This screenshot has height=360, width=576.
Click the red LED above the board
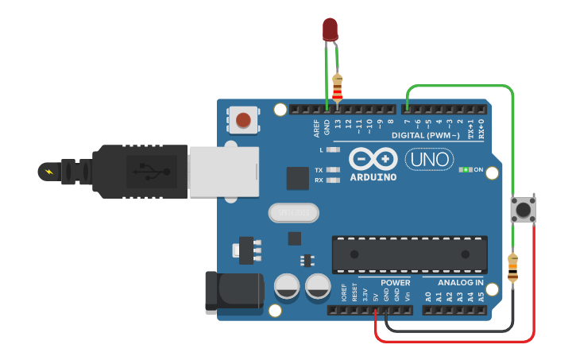point(330,30)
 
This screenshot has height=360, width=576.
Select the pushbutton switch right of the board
point(522,210)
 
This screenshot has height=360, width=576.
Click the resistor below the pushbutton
point(512,267)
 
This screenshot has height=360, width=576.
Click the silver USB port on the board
point(223,171)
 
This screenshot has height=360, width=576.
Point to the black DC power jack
point(234,292)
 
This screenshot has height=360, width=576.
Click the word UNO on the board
point(429,160)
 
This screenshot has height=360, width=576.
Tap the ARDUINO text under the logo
point(373,176)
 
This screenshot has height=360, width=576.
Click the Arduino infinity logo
point(373,159)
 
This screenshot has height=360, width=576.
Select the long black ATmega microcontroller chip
point(409,254)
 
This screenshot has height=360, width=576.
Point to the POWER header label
point(395,283)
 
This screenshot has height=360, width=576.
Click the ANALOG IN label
point(460,283)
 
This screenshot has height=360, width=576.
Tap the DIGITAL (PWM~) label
point(425,135)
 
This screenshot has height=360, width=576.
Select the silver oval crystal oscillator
point(293,213)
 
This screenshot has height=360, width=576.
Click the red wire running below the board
point(453,341)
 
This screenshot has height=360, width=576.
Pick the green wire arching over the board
point(461,86)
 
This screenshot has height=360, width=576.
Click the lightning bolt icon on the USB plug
point(49,171)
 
